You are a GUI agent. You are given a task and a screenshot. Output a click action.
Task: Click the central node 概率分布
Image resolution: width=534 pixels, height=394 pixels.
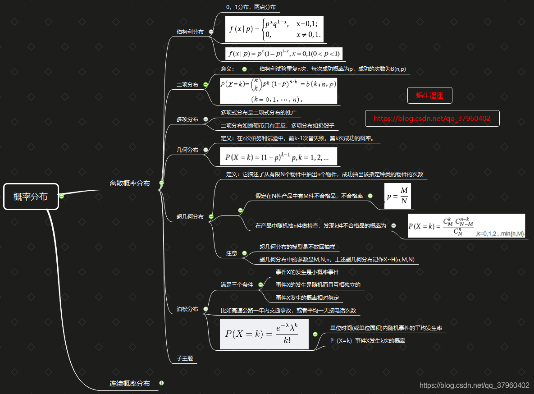point(31,197)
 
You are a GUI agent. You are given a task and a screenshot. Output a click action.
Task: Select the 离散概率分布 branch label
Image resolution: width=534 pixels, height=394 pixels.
point(130,183)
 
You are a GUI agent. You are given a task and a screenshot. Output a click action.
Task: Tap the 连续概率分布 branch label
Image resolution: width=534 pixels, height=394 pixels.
point(130,384)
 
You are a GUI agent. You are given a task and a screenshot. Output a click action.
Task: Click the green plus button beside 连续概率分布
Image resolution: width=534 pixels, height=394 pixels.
point(162,383)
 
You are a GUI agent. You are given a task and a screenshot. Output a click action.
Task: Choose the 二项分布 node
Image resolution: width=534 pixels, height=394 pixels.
point(187,84)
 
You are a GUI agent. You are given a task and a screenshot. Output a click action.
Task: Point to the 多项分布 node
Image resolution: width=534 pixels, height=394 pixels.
point(187,119)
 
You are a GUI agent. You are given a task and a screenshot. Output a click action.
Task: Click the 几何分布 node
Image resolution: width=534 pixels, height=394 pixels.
point(187,150)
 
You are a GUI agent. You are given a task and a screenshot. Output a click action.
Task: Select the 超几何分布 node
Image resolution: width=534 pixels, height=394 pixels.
point(190,217)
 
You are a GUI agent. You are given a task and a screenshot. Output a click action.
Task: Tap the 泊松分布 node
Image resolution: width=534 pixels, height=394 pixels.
point(187,309)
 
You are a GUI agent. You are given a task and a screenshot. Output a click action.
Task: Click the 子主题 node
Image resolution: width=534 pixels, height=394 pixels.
point(185,358)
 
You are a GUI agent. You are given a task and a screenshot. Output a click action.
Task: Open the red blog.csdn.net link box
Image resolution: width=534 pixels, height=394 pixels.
point(432,119)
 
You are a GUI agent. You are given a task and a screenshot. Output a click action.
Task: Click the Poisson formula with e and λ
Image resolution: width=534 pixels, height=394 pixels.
point(264,334)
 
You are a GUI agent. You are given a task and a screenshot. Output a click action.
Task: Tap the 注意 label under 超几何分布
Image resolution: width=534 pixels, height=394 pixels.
point(232,253)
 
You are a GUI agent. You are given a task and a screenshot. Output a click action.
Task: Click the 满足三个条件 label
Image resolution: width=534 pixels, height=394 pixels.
point(237,285)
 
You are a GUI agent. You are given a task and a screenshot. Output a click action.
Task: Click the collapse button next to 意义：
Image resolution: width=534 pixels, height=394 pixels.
point(244,69)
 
